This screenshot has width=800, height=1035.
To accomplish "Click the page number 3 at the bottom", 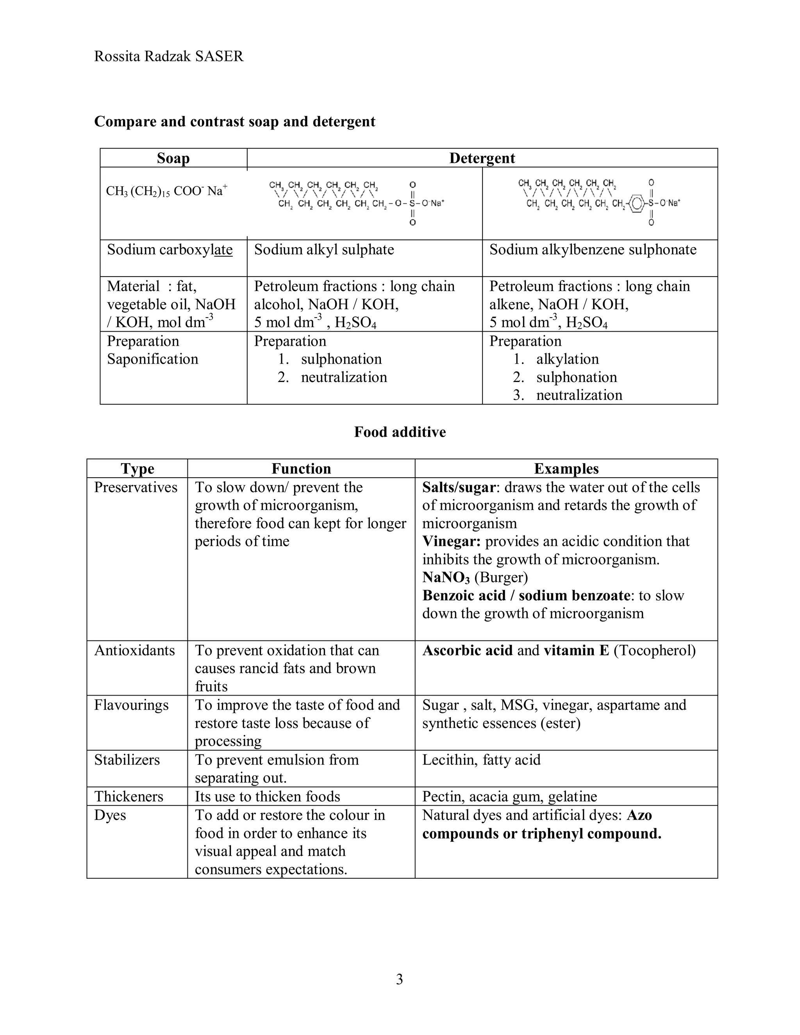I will point(399,979).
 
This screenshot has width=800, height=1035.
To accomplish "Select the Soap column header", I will point(173,158).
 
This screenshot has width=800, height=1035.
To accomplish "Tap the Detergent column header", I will point(482,158).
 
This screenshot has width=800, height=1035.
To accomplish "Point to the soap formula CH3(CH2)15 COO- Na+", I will point(166,191).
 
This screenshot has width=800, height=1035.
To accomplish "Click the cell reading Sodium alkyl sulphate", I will point(324,250).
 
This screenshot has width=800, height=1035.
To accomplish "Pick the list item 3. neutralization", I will point(567,395).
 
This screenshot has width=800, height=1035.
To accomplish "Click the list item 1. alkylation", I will point(556,359).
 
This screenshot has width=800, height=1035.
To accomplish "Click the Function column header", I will point(301,468).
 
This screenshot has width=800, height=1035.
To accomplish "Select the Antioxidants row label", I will point(135,650).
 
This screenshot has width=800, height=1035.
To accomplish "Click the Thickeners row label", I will point(129,796).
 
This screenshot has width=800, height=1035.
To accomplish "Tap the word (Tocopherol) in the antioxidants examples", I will point(655,650).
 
